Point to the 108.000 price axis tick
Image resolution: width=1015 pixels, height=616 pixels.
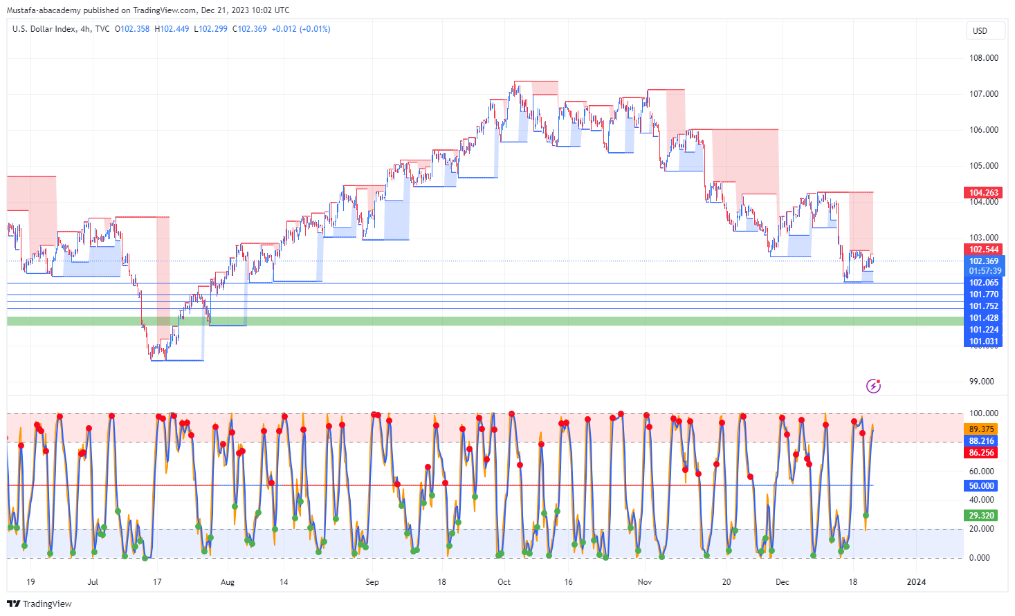point(983,58)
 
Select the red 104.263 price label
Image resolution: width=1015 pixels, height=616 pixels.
point(983,193)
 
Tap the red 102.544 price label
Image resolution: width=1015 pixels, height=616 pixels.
point(983,250)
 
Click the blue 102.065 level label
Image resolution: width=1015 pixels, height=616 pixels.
point(983,283)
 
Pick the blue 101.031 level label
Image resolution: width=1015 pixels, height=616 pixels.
point(983,342)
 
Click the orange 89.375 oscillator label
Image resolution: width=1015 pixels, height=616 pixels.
point(981,429)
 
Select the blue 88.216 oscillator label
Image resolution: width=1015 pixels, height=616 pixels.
point(981,441)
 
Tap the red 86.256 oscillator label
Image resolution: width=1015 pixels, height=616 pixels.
point(981,453)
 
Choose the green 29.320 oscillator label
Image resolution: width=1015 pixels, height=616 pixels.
point(981,516)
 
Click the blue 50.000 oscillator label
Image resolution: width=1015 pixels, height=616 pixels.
point(981,486)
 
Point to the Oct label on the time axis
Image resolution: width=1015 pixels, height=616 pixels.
point(504,582)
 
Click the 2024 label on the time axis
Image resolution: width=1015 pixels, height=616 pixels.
point(916,582)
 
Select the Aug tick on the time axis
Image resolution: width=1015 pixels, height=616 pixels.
point(228,582)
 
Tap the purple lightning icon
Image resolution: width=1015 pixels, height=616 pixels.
point(873,386)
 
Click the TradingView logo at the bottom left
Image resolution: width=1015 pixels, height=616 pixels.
point(39,604)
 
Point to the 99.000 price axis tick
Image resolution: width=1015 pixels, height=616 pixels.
point(983,382)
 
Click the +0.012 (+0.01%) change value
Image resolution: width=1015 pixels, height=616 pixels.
point(301,29)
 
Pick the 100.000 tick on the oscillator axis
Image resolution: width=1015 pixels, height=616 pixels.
point(983,413)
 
